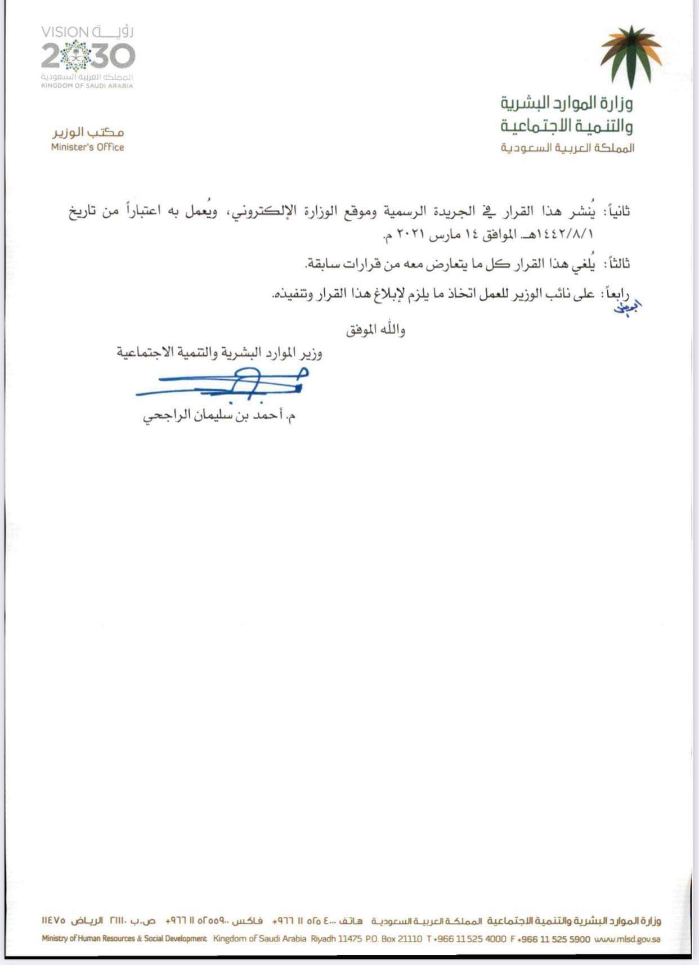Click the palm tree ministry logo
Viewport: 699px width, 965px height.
pyautogui.click(x=631, y=56)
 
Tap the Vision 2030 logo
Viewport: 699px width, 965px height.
pyautogui.click(x=88, y=56)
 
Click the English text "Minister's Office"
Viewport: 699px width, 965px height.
pyautogui.click(x=87, y=147)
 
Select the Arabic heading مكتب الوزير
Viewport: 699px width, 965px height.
pyautogui.click(x=88, y=132)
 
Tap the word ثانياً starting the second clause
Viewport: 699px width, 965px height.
pyautogui.click(x=617, y=212)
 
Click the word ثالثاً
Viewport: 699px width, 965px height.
pyautogui.click(x=617, y=263)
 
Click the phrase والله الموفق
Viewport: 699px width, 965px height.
pyautogui.click(x=375, y=329)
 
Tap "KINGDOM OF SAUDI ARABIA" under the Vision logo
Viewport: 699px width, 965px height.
pyautogui.click(x=87, y=86)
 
